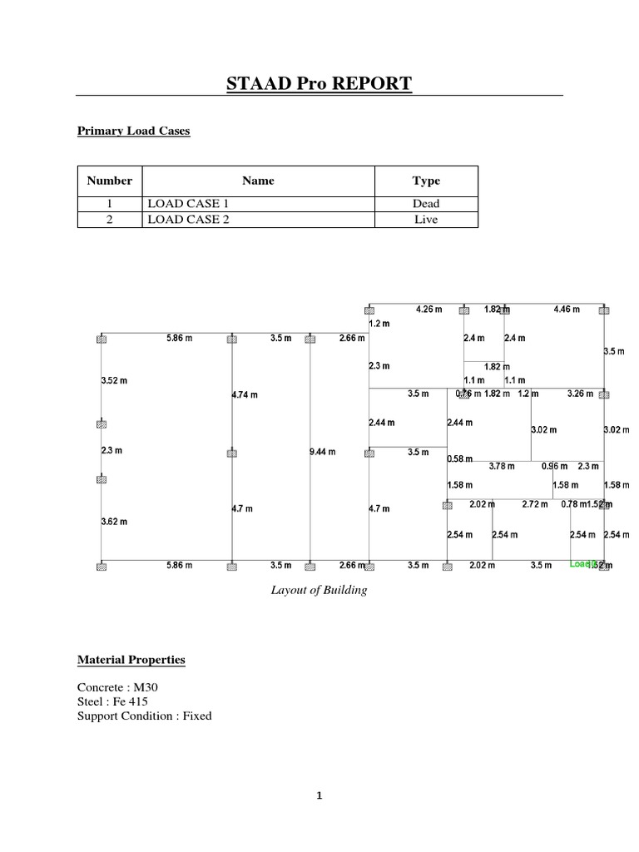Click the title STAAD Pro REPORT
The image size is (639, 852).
coord(319,83)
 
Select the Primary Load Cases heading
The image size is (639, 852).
coord(133,131)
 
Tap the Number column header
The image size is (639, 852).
coord(110,181)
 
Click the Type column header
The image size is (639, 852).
coord(426,181)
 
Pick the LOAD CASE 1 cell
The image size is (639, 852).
coord(185,203)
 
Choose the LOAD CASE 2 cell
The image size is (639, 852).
coord(185,220)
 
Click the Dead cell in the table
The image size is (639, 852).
coord(426,203)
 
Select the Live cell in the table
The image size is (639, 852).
coord(426,220)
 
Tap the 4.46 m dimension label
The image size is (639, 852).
coord(567,310)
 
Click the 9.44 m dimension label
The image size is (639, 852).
coord(322,453)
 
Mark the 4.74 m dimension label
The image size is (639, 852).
coord(245,395)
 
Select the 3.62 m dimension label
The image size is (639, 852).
coord(114,522)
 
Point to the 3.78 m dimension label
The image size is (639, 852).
coord(502,466)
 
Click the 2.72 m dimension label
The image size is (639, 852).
coord(535,504)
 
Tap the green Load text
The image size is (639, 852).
coord(580,564)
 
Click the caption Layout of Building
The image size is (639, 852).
coord(319,591)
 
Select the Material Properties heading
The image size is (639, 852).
coord(131,660)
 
